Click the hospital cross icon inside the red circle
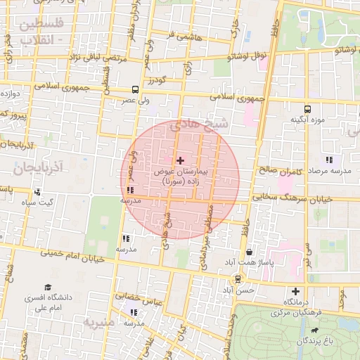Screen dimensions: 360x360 [x=180, y=160]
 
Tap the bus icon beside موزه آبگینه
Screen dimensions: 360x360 [x=307, y=109]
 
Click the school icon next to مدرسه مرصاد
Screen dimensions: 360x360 [x=329, y=160]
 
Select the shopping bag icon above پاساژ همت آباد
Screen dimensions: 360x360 [x=250, y=252]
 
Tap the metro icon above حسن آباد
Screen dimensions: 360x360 [x=238, y=280]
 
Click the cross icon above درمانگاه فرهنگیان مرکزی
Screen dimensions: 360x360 [x=295, y=291]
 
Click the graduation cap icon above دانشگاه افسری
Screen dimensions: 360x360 [x=48, y=287]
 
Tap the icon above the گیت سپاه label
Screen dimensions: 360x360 [x=37, y=192]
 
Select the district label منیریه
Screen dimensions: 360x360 [x=99, y=323]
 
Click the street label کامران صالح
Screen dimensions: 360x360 [x=279, y=170]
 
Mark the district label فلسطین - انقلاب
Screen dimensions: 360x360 [x=41, y=32]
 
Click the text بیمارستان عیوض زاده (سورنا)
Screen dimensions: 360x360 [x=179, y=176]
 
